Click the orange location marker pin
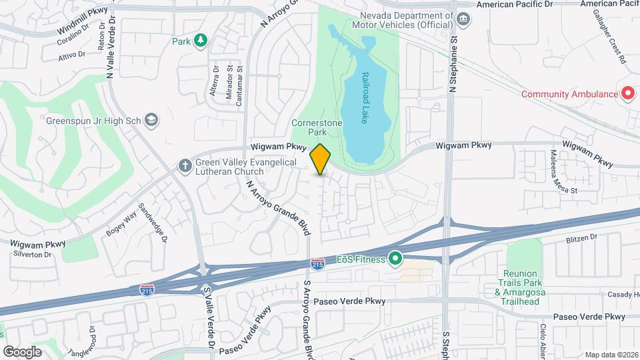click(321, 159)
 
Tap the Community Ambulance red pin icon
click(627, 94)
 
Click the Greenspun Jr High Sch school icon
click(152, 121)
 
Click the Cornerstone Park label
click(312, 127)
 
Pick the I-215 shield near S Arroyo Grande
click(318, 265)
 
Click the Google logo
click(22, 351)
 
